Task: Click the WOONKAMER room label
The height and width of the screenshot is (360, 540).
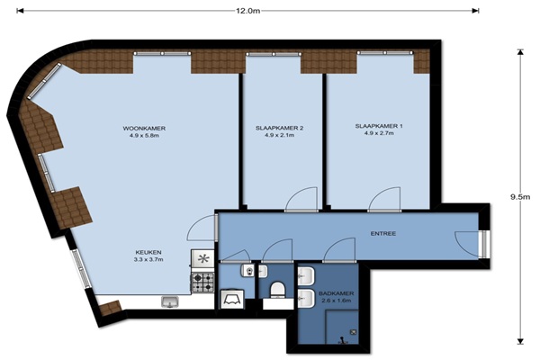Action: [144, 128]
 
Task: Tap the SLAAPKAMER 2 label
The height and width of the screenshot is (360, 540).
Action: [279, 128]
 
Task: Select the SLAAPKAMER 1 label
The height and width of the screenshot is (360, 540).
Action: [379, 126]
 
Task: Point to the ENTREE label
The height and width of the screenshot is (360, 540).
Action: [383, 234]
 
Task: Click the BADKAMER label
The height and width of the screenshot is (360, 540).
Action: [336, 293]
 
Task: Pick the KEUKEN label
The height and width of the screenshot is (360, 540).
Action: [148, 252]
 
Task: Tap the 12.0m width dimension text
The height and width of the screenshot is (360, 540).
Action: [248, 11]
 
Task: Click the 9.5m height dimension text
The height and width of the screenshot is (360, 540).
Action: [520, 197]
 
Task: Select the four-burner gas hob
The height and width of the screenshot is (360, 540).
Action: [202, 283]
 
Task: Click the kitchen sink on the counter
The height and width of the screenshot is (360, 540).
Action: [170, 302]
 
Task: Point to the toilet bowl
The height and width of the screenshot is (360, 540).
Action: [277, 290]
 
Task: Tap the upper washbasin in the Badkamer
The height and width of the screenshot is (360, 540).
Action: [306, 276]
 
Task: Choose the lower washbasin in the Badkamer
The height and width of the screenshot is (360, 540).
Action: [306, 298]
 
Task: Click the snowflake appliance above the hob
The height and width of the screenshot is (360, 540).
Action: [202, 258]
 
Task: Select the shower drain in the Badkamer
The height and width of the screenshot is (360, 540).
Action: [354, 332]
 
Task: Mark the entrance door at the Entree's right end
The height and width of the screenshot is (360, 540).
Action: [483, 244]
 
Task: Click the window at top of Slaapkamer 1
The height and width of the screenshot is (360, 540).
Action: [385, 53]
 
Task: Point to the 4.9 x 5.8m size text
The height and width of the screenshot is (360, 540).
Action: [144, 135]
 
